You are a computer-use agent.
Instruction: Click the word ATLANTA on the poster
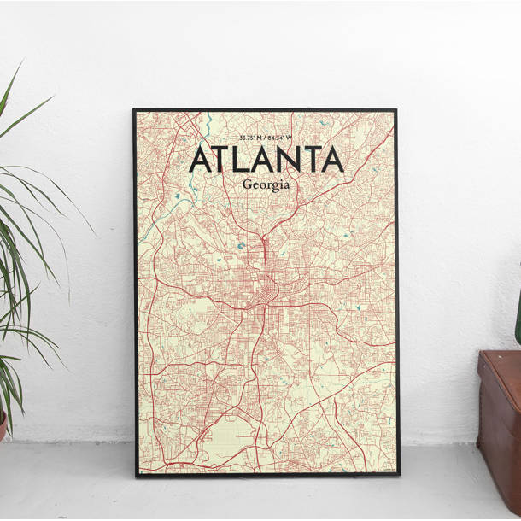(x=265, y=160)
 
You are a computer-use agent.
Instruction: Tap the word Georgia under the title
(x=265, y=185)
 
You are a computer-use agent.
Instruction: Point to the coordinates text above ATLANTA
(x=265, y=138)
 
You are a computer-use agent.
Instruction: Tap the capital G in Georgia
(x=247, y=184)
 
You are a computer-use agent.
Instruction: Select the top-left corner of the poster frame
(x=134, y=110)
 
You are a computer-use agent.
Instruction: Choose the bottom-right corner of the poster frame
(x=397, y=475)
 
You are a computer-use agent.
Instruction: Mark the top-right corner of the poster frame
(x=395, y=110)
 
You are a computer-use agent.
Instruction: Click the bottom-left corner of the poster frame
(x=136, y=475)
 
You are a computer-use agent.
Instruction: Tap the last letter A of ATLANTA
(x=330, y=160)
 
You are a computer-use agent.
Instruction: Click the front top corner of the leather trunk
(x=482, y=354)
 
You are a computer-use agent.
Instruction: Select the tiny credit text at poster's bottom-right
(x=382, y=469)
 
